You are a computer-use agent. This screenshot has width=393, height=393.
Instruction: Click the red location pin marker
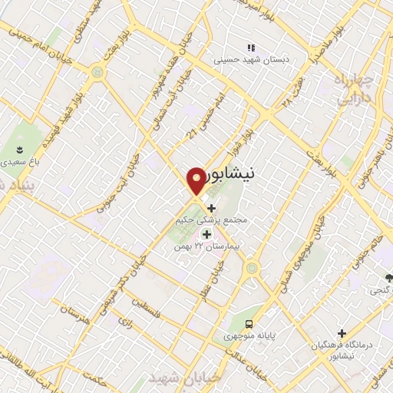tap(196, 181)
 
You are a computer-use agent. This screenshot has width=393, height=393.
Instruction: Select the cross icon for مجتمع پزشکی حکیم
tap(212, 207)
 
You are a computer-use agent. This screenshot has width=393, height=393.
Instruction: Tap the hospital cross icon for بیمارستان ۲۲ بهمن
tap(206, 233)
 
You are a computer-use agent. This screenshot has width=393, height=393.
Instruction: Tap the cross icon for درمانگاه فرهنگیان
tap(320, 333)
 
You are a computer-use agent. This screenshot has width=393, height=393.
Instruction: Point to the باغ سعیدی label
tap(19, 163)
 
